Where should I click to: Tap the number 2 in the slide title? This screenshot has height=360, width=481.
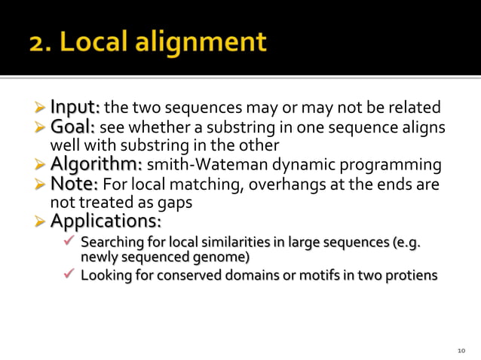[38, 42]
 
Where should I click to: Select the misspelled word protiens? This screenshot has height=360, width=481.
[412, 275]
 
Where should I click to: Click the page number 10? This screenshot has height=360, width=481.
[462, 351]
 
